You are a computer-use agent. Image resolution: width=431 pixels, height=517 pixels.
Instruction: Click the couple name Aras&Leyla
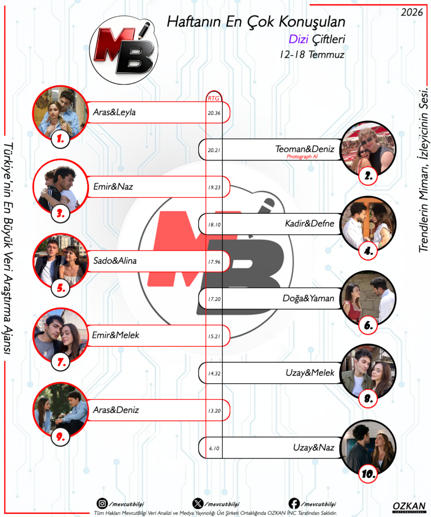pyautogui.click(x=114, y=112)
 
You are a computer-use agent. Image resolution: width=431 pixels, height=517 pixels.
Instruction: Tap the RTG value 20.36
pyautogui.click(x=214, y=113)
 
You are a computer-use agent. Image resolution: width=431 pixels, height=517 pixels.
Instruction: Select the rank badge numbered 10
pyautogui.click(x=368, y=474)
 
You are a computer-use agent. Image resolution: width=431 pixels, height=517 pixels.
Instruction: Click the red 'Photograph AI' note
pyautogui.click(x=302, y=157)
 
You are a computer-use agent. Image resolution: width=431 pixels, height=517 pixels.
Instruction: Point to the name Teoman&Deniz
pyautogui.click(x=305, y=149)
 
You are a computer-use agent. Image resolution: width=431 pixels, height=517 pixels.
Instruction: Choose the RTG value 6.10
pyautogui.click(x=214, y=448)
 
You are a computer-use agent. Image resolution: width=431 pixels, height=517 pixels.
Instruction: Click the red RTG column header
pyautogui.click(x=214, y=98)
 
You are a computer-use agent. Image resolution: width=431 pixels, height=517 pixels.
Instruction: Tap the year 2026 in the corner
pyautogui.click(x=411, y=12)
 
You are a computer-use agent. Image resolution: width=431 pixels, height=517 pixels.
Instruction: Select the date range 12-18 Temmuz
pyautogui.click(x=312, y=55)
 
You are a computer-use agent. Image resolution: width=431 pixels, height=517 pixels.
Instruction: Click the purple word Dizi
pyautogui.click(x=298, y=39)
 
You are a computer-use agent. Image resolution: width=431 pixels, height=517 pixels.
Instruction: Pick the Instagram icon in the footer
pyautogui.click(x=102, y=503)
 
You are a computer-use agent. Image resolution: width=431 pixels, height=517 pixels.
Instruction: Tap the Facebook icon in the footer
pyautogui.click(x=294, y=503)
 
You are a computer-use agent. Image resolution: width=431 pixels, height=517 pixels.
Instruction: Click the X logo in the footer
pyautogui.click(x=198, y=503)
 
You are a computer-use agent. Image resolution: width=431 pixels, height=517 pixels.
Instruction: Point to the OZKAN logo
pyautogui.click(x=409, y=507)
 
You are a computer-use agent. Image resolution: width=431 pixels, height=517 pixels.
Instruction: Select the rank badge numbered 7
pyautogui.click(x=61, y=362)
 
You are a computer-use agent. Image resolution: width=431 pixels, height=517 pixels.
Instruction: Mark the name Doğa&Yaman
pyautogui.click(x=308, y=298)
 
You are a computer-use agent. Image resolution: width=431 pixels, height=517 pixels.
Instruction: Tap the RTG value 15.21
pyautogui.click(x=214, y=336)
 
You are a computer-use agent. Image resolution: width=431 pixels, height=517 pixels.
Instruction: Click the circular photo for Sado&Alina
pyautogui.click(x=61, y=261)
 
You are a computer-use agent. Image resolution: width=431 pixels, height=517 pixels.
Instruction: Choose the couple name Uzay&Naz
pyautogui.click(x=313, y=447)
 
